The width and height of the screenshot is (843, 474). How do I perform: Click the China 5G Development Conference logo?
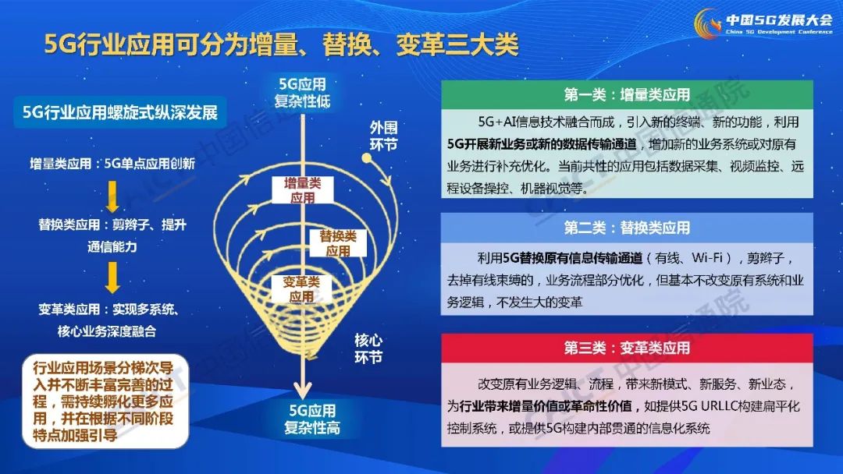pos(763,23)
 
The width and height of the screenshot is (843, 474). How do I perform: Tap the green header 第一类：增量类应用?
pos(627,95)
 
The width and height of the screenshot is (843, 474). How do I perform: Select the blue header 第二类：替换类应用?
pos(627,228)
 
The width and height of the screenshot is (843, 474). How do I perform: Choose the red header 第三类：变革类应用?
pos(627,348)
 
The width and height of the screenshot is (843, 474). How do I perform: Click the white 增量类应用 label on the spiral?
pos(302,190)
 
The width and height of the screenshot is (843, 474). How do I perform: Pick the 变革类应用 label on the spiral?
pos(301,288)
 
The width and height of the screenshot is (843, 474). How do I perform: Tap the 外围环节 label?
pos(383,136)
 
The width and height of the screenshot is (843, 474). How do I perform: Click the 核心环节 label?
pos(368,348)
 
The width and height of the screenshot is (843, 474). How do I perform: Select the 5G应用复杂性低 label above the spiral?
pos(302,92)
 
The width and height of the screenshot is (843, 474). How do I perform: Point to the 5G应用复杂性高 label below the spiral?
pos(311,419)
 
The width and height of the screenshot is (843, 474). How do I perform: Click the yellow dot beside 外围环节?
pos(367,157)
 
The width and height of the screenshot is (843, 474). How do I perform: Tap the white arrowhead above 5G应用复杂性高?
pos(303,391)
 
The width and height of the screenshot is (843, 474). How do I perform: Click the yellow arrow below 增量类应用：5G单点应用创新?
pos(112,197)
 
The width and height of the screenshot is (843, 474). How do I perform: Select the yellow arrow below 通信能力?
pos(112,278)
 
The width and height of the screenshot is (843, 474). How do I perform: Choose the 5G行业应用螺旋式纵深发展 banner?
pos(120,112)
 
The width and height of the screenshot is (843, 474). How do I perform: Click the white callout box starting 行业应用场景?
pos(105,401)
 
